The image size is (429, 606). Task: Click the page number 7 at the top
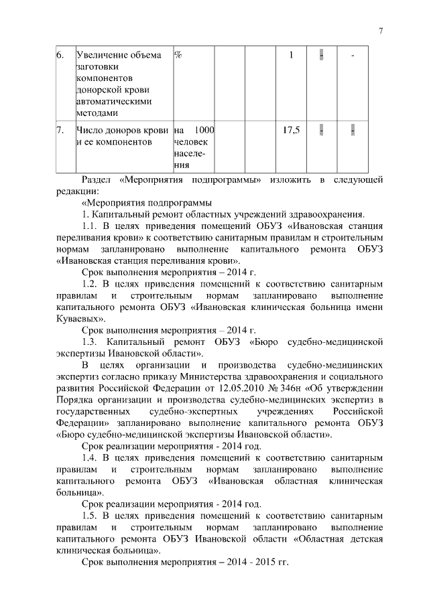[x=380, y=31]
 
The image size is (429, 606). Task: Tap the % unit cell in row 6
[x=179, y=55]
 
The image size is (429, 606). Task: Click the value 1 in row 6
[x=292, y=55]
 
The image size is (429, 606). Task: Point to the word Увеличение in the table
[x=105, y=55]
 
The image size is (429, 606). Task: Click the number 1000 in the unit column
[x=204, y=130]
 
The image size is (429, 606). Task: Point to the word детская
[x=365, y=539]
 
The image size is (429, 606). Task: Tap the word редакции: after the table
[x=77, y=191]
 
